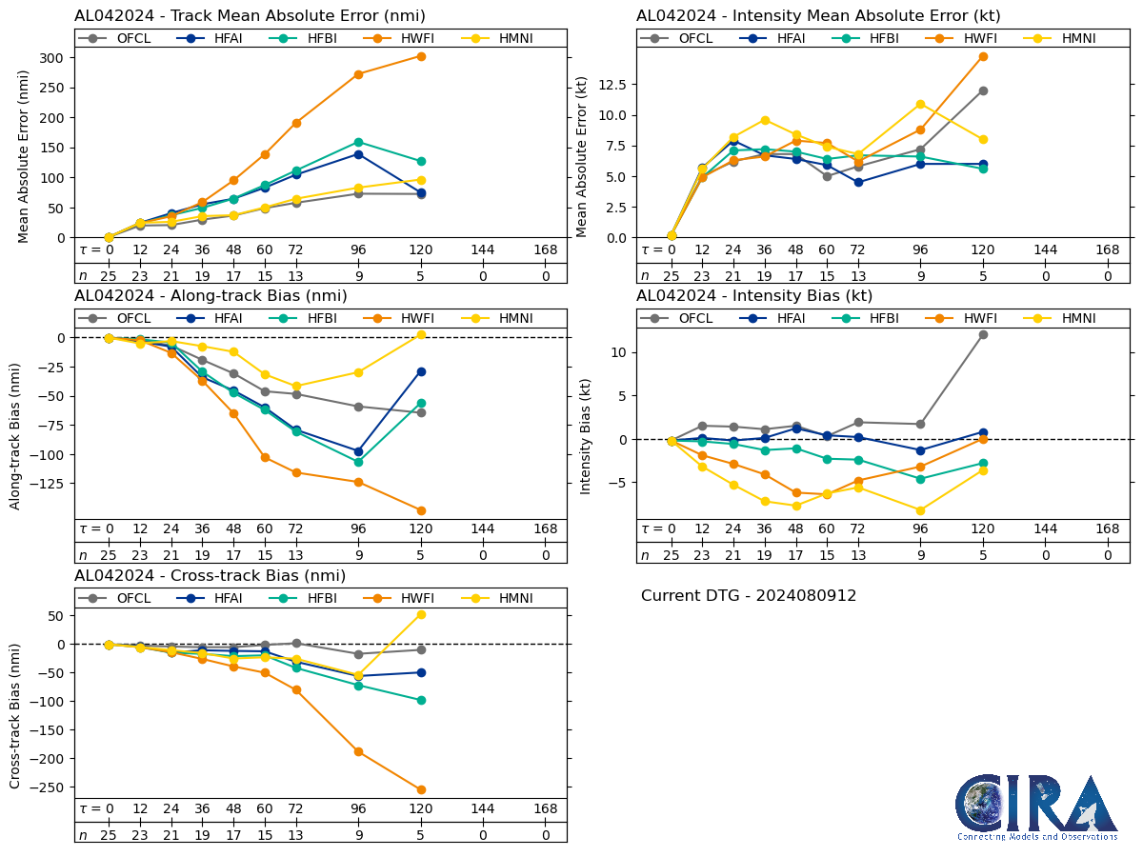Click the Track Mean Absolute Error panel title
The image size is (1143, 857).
[x=250, y=16]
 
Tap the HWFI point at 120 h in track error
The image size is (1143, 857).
[x=421, y=56]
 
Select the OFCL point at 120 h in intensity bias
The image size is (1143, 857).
[x=983, y=334]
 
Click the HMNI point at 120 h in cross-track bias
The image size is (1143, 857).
[x=421, y=614]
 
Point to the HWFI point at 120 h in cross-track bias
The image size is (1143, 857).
[x=421, y=789]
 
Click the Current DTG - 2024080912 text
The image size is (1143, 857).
[x=749, y=596]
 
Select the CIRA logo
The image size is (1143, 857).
[x=1037, y=807]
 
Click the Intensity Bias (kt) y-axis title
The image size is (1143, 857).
[x=586, y=434]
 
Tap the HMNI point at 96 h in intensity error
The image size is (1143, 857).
[x=920, y=104]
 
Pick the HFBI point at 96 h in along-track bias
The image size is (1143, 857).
[x=358, y=462]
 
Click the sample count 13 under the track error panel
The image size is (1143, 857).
[x=296, y=276]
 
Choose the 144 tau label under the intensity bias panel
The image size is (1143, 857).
[x=1046, y=529]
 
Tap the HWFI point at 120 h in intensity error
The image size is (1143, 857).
[x=983, y=56]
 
